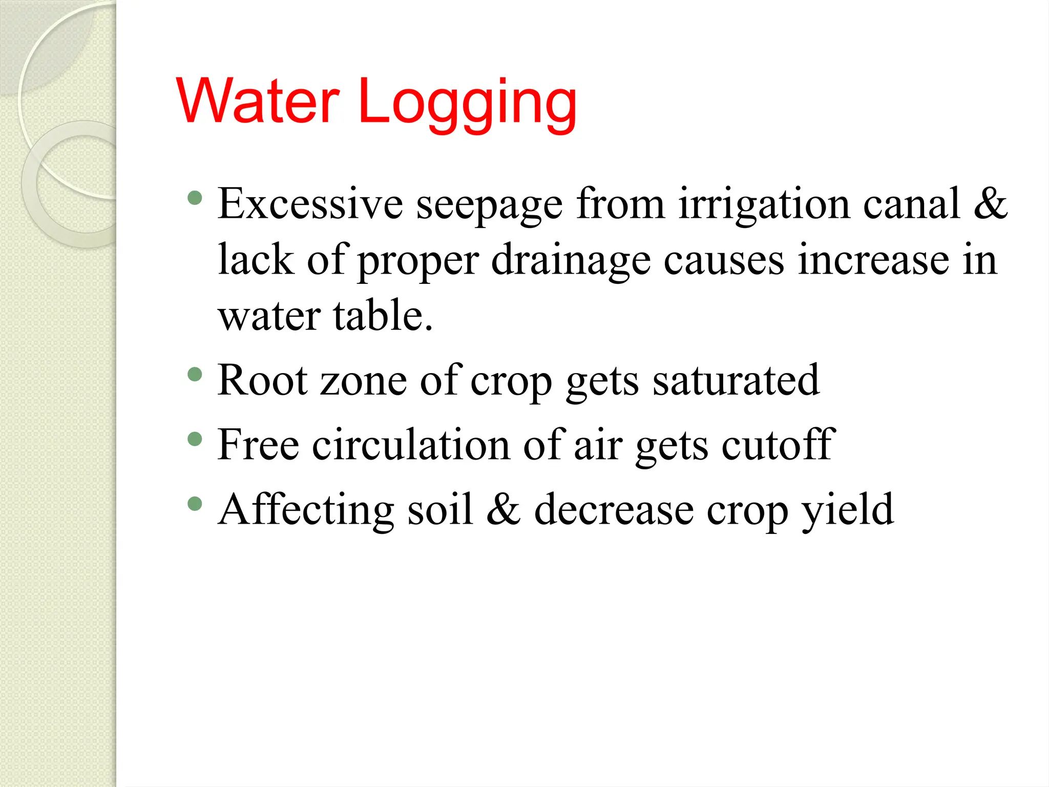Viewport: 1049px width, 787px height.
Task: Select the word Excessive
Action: [x=310, y=204]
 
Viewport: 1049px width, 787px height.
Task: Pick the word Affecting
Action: [x=306, y=510]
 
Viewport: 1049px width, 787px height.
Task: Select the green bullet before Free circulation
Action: [x=195, y=439]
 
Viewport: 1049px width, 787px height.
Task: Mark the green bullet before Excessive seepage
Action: [x=195, y=198]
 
